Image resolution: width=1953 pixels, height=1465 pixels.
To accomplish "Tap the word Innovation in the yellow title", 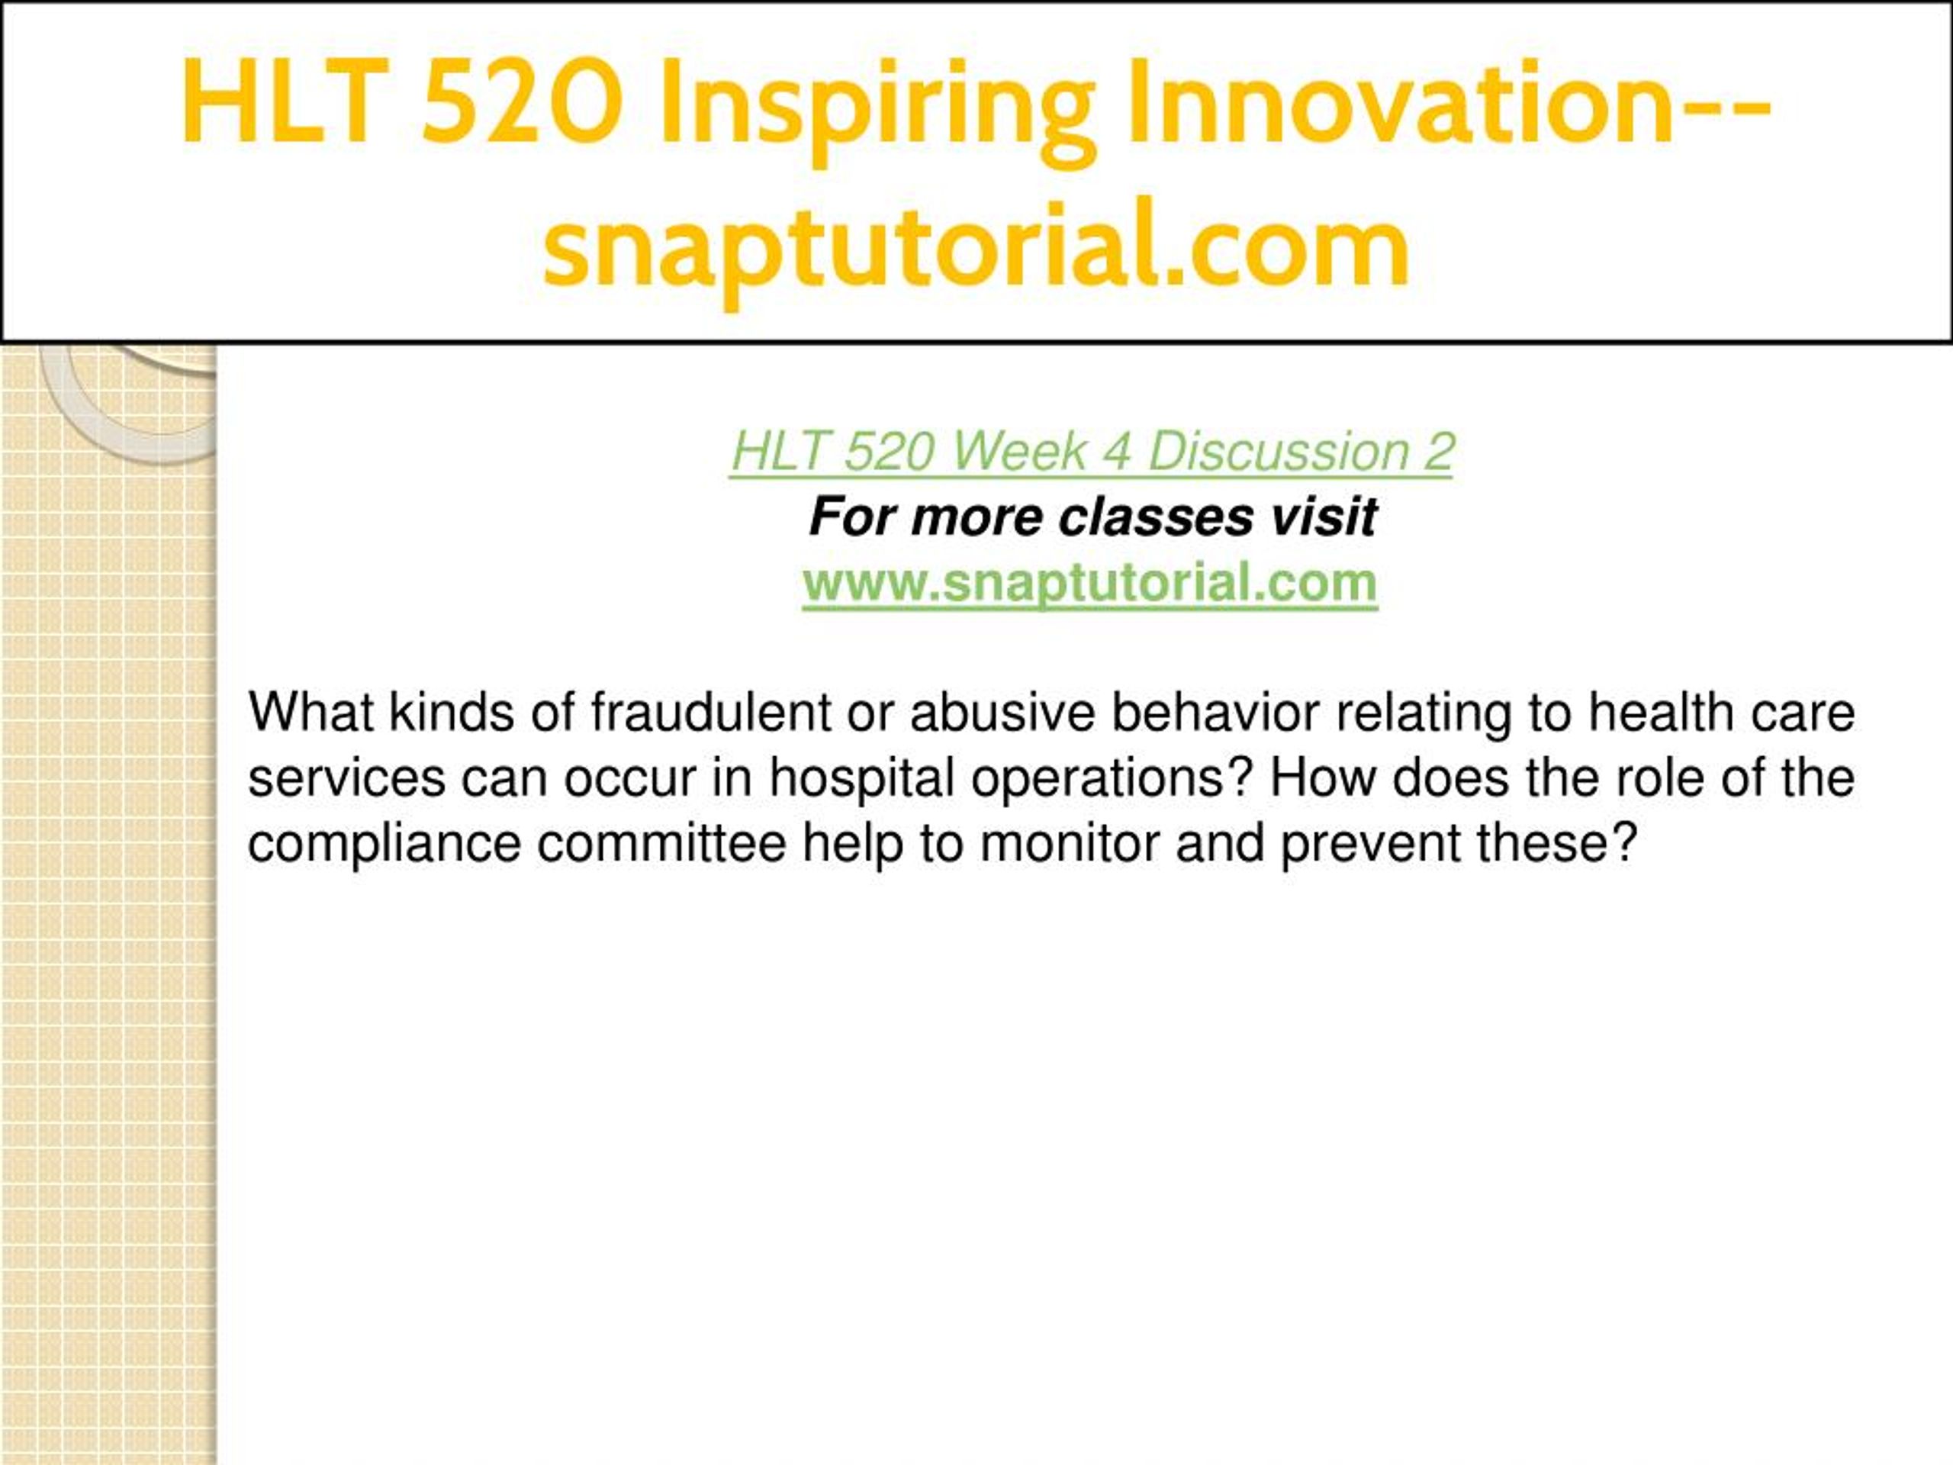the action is [x=1398, y=101].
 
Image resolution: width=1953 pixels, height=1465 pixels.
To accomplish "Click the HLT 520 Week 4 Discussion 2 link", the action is [x=1091, y=452].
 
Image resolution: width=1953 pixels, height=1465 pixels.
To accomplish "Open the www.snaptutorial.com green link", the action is [x=1089, y=584].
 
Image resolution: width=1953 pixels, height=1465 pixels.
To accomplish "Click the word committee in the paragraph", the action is [x=661, y=844].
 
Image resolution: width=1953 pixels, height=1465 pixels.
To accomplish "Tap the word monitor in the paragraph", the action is [x=1070, y=844].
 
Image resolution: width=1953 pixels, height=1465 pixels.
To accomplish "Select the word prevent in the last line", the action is [x=1370, y=844].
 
